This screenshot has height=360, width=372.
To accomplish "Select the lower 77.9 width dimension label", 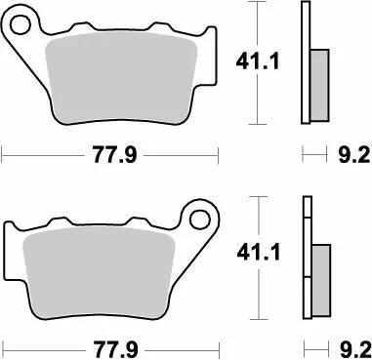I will (x=110, y=347).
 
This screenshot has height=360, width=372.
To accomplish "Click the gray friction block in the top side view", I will (x=319, y=84).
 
